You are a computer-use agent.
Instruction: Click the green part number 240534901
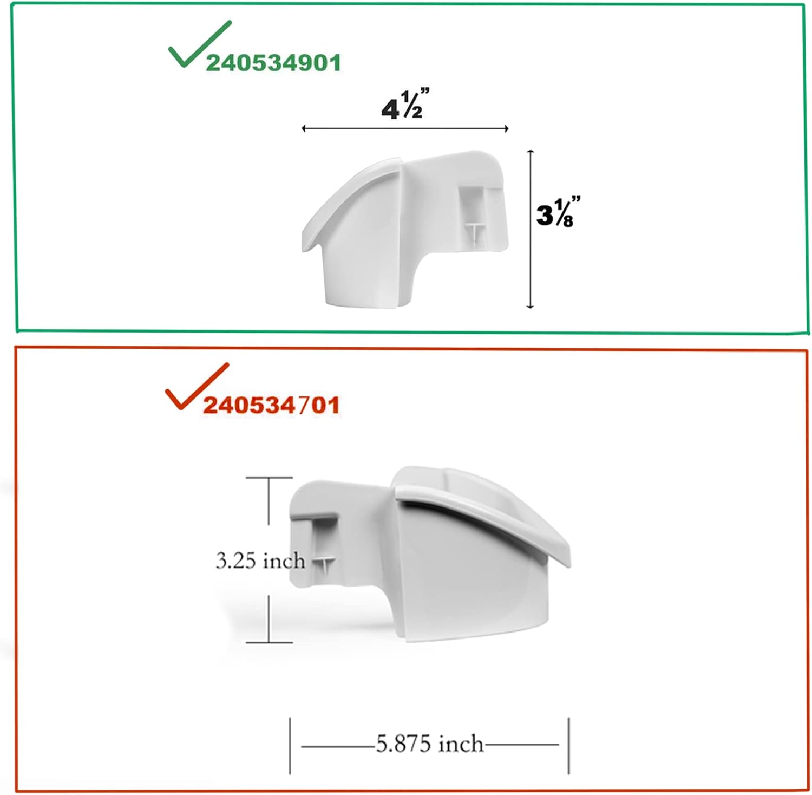click(273, 63)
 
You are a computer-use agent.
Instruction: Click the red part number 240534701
click(271, 405)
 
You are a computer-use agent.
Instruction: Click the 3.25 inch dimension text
click(260, 561)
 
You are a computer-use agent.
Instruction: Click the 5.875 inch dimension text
click(429, 744)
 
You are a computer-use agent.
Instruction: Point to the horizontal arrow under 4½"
click(405, 128)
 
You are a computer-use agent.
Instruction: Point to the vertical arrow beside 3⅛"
click(531, 229)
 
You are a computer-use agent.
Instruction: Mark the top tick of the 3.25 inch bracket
click(269, 478)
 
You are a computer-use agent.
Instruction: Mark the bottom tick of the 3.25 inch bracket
click(269, 643)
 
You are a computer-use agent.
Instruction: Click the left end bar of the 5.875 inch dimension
click(290, 746)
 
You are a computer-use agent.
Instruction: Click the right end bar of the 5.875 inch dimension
click(568, 746)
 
